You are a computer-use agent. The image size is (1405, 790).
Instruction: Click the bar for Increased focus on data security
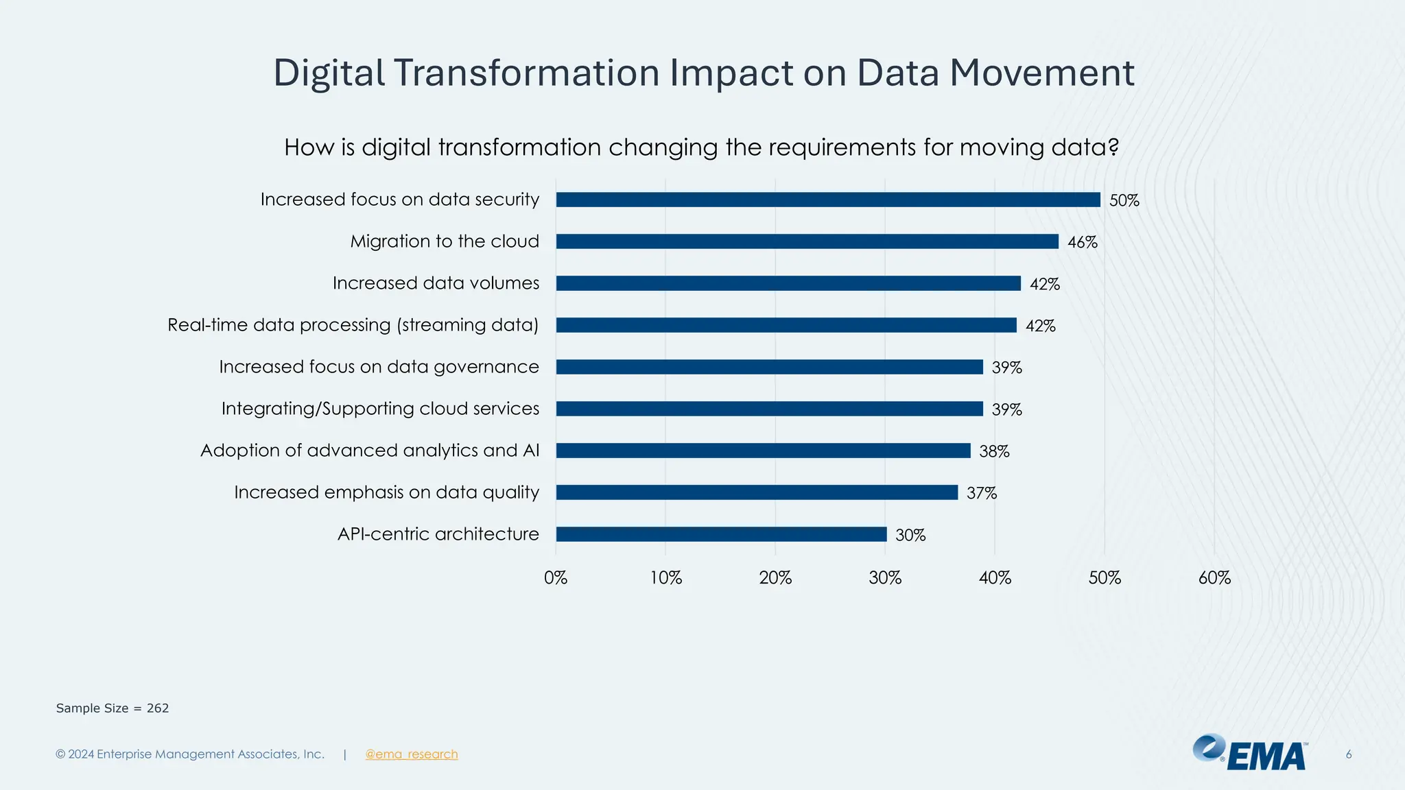[x=827, y=200]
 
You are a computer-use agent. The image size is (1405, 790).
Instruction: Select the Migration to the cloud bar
[x=807, y=241]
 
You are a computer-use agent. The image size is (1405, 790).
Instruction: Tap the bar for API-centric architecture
[x=721, y=534]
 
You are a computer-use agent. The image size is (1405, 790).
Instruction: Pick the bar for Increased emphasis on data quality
[x=757, y=492]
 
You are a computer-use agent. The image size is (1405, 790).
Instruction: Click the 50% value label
[x=1124, y=200]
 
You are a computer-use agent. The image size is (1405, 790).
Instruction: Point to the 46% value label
[x=1082, y=242]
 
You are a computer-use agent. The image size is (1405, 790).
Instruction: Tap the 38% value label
[x=994, y=451]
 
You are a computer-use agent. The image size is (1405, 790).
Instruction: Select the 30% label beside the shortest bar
[x=910, y=535]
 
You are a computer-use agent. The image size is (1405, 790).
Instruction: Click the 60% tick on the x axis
[x=1214, y=578]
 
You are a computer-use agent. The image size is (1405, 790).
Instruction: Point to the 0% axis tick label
[x=556, y=578]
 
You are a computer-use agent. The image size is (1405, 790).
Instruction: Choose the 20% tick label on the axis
[x=775, y=578]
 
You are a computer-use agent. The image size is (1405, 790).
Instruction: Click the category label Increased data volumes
[x=436, y=283]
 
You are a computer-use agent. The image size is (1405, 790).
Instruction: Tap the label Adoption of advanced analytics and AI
[x=370, y=451]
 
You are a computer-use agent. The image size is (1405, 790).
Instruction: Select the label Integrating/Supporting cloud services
[x=380, y=409]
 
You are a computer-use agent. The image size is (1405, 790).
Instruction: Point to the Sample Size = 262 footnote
[x=113, y=708]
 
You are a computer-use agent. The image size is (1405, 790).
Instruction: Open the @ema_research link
[x=411, y=754]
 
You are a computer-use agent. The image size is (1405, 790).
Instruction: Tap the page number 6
[x=1348, y=754]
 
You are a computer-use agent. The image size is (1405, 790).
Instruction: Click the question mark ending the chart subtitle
[x=1113, y=147]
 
